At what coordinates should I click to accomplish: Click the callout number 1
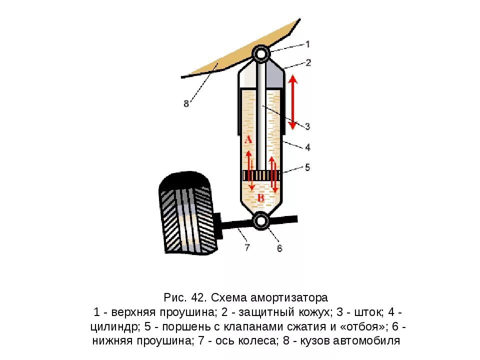308,44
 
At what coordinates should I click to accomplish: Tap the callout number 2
308,62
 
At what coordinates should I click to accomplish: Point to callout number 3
308,126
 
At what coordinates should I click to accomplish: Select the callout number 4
308,147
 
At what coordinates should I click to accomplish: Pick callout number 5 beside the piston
308,167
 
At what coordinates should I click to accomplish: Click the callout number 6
279,247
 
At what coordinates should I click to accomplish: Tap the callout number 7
246,247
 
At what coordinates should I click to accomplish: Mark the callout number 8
186,104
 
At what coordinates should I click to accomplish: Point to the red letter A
248,140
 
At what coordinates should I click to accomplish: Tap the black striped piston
261,176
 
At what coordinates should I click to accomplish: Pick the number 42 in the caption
198,298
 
